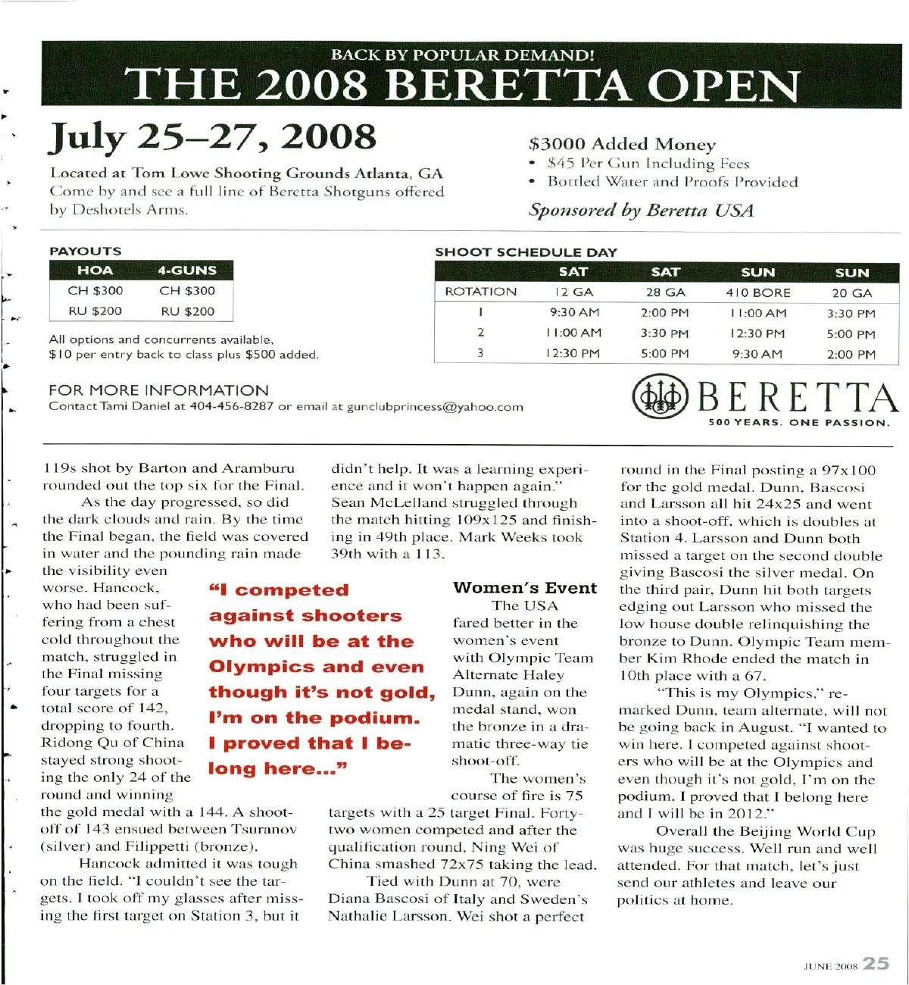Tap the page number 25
[x=876, y=963]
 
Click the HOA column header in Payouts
[x=95, y=270]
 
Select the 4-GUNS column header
[x=187, y=270]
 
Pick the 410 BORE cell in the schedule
[x=758, y=292]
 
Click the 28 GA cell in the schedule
[x=665, y=292]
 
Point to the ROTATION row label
[x=480, y=292]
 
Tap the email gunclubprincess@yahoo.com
[x=435, y=407]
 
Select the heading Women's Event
[x=525, y=588]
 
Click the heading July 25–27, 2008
[x=213, y=137]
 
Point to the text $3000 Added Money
[x=622, y=144]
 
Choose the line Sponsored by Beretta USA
[x=641, y=210]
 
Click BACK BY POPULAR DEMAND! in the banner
[x=462, y=55]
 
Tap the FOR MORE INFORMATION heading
[x=158, y=390]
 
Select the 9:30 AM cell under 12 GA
[x=574, y=312]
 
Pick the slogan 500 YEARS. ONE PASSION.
[x=799, y=423]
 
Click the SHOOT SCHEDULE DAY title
[x=526, y=252]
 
